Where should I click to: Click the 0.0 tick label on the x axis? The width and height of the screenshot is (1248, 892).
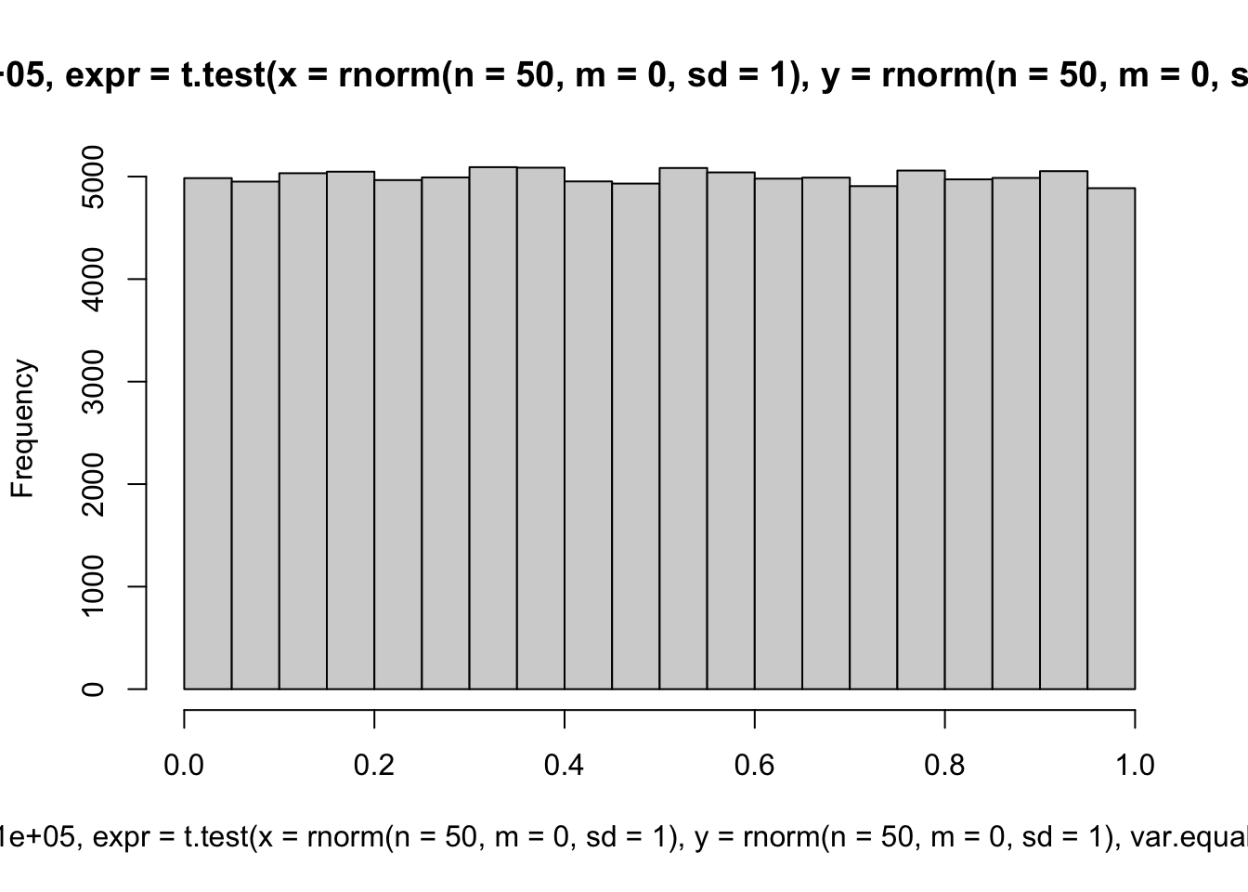point(184,765)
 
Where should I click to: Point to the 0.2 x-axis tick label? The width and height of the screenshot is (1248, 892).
point(374,765)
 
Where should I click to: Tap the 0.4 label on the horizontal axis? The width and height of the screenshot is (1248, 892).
point(565,765)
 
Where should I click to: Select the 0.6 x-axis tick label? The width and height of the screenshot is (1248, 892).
point(755,765)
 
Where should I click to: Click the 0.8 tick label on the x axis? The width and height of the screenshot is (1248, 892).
point(944,765)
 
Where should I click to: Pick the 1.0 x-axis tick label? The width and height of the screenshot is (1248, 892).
point(1135,765)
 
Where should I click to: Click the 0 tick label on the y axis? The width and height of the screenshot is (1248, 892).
point(93,689)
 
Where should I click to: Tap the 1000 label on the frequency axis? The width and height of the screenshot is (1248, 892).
point(93,586)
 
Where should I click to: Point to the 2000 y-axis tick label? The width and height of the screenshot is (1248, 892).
point(93,484)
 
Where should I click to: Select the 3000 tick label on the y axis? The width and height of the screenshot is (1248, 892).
point(93,382)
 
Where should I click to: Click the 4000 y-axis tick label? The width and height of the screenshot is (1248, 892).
point(93,279)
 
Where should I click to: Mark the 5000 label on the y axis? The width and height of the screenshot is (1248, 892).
point(93,177)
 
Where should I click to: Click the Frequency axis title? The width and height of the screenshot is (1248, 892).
point(22,428)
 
